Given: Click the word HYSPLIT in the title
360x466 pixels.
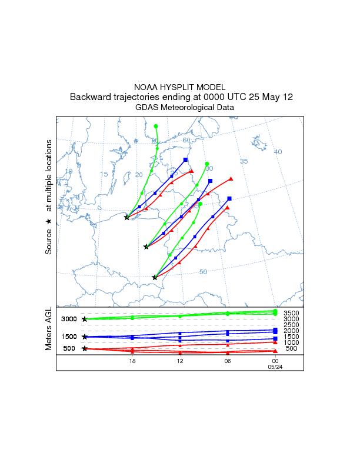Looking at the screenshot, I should click(181, 87).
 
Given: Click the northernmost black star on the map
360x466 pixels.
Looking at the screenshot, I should click(127, 217).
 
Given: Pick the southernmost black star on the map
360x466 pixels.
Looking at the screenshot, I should click(155, 277).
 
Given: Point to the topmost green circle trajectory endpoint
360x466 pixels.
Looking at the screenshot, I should click(156, 126).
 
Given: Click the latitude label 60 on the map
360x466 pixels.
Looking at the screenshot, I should click(186, 140).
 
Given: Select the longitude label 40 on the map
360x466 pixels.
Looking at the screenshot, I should click(278, 152).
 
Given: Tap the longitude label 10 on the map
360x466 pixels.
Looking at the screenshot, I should click(69, 171).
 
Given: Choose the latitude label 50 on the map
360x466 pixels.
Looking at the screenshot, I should click(204, 271).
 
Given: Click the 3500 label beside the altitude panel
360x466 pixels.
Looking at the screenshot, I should click(292, 313).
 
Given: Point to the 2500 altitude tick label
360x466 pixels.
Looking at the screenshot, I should click(292, 325).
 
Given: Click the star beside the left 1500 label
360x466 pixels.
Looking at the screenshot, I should click(85, 337).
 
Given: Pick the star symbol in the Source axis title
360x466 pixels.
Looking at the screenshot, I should click(49, 221).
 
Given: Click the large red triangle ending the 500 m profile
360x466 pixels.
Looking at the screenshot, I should click(275, 351).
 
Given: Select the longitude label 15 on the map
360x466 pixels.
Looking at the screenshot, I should click(104, 174).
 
